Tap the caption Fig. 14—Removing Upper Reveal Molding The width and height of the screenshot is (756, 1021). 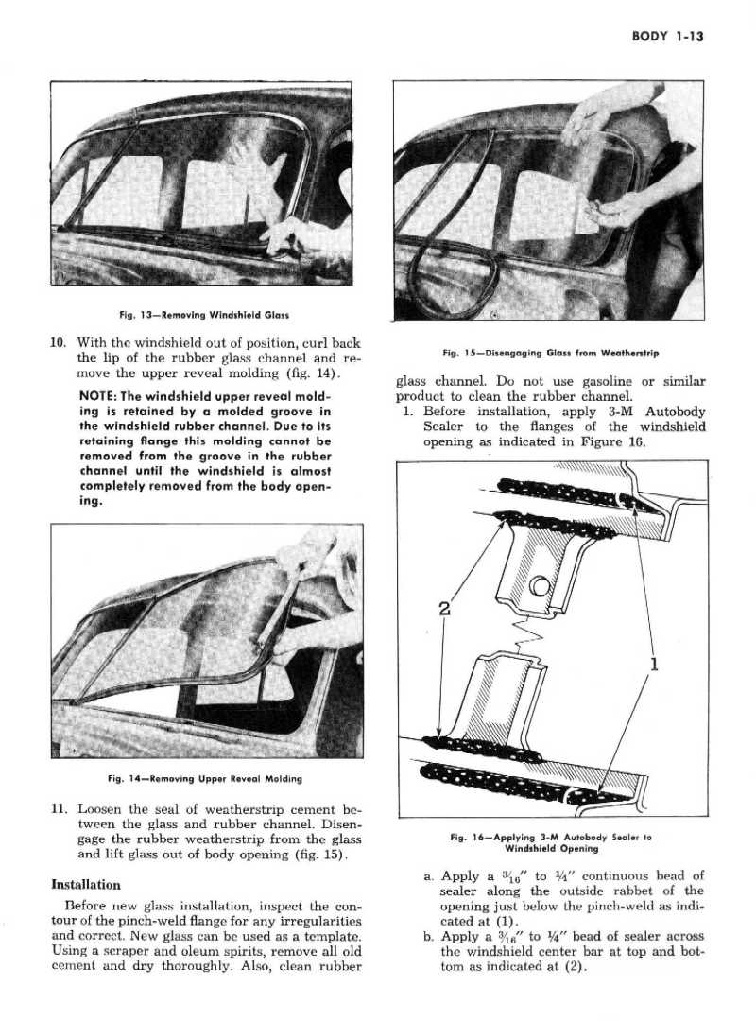(205, 779)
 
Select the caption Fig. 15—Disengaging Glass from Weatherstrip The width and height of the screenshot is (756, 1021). (550, 354)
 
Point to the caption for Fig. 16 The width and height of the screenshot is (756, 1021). (552, 842)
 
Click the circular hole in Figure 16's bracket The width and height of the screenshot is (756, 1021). (540, 588)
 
